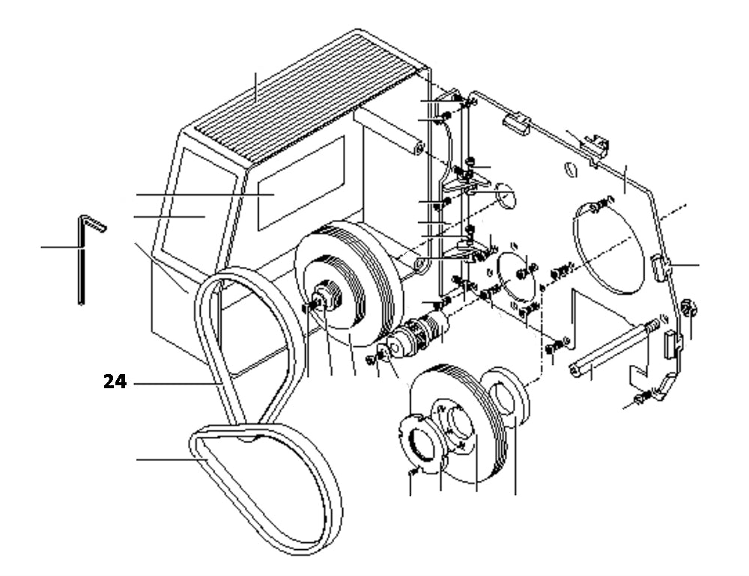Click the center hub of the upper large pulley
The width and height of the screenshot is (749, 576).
(327, 295)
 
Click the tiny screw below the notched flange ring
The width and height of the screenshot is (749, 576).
(413, 473)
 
